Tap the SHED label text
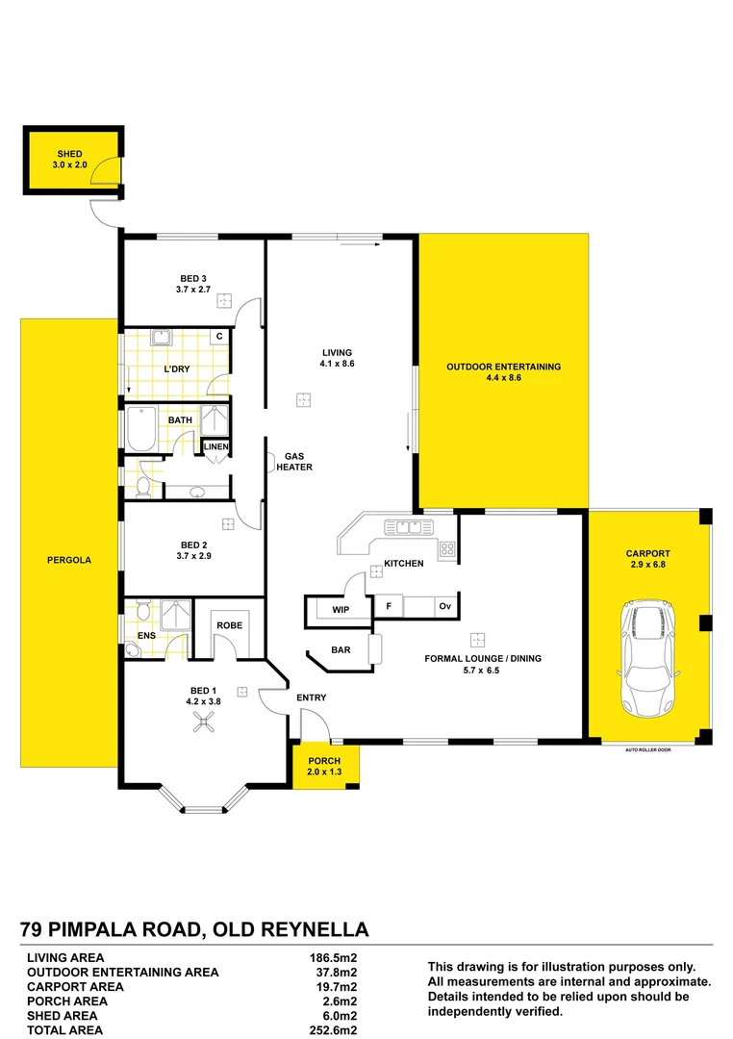(69, 154)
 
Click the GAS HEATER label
(296, 462)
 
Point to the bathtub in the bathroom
(140, 427)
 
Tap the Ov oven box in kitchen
(444, 606)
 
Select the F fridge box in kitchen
(388, 606)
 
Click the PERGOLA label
(68, 559)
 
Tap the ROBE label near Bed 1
(229, 625)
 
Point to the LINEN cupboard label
(215, 447)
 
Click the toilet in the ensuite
(141, 611)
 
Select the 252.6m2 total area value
(329, 1030)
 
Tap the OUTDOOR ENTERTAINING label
(503, 367)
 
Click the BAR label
(341, 650)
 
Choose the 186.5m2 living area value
(329, 958)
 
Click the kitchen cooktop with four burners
(447, 550)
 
